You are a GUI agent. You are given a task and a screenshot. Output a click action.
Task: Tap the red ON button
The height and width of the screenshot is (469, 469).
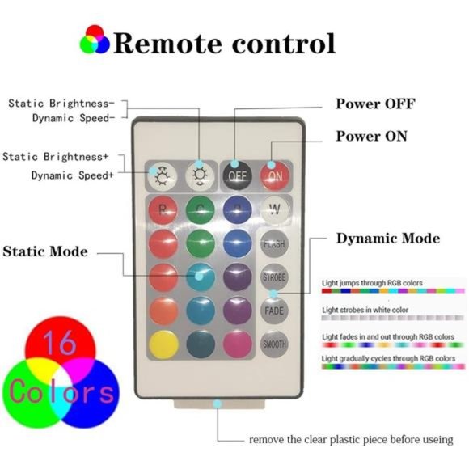pyautogui.click(x=275, y=173)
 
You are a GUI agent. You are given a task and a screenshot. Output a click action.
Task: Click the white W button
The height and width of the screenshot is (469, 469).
pyautogui.click(x=275, y=209)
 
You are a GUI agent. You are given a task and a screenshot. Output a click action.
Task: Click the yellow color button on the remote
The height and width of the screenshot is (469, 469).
pyautogui.click(x=163, y=343)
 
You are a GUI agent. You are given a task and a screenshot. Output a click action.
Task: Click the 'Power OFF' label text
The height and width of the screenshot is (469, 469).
pyautogui.click(x=375, y=104)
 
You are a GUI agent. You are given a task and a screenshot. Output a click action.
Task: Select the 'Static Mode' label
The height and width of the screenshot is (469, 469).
pyautogui.click(x=45, y=251)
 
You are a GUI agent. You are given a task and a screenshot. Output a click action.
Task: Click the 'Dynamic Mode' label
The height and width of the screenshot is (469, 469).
pyautogui.click(x=387, y=238)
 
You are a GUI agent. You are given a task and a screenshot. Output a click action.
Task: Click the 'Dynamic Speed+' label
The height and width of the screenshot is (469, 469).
pyautogui.click(x=73, y=175)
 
